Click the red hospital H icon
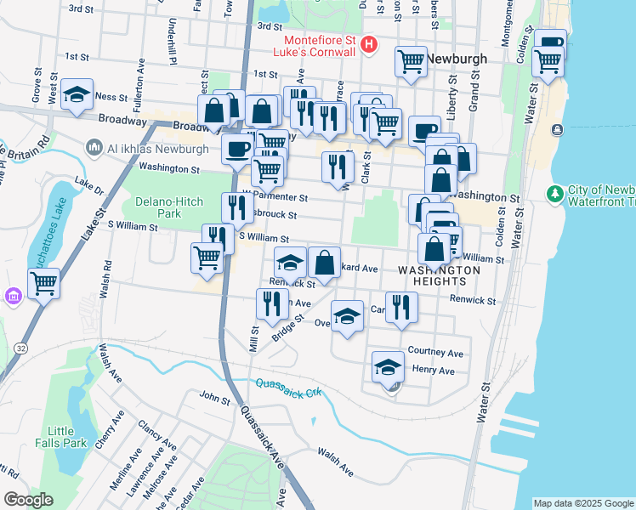[368, 44]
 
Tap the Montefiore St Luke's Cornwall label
[319, 46]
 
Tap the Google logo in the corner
[28, 499]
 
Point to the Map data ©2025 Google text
[583, 503]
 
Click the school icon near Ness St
[77, 95]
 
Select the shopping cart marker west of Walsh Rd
[44, 282]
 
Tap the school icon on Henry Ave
[388, 366]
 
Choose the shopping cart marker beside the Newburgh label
[411, 61]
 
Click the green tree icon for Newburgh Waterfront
[556, 195]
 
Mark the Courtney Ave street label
[435, 352]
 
